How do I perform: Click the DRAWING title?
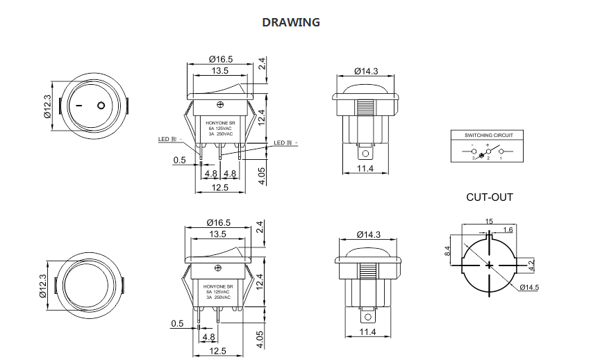[290, 22]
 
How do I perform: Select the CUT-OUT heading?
[490, 197]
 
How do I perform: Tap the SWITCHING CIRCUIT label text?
[488, 134]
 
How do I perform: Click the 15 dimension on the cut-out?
[489, 221]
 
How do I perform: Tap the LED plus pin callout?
[285, 142]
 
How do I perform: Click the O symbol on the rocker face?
[101, 106]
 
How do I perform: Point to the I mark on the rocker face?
[78, 106]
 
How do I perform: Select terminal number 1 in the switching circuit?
[501, 159]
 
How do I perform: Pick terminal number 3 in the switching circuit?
[473, 159]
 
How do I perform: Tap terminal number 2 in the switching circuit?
[488, 159]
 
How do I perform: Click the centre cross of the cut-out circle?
[489, 265]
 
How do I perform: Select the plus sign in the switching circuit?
[488, 146]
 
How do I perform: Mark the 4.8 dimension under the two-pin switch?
[208, 337]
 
